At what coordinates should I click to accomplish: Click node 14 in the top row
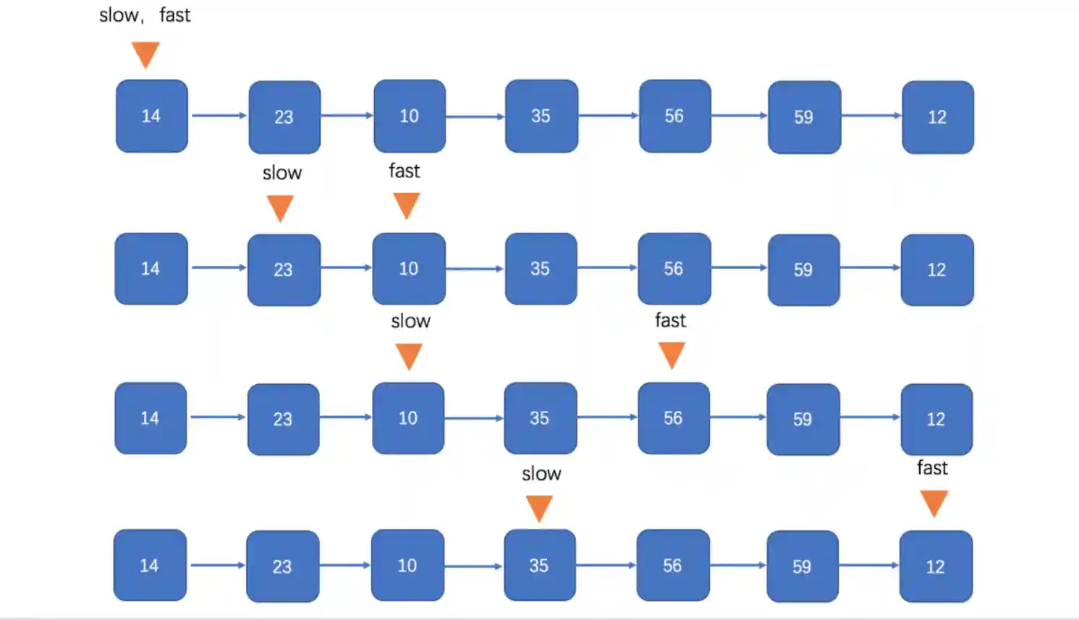click(151, 116)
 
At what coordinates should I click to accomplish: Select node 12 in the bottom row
click(935, 566)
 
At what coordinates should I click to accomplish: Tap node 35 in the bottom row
click(539, 565)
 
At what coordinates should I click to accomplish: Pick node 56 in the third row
click(673, 418)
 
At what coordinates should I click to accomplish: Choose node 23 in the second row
click(283, 269)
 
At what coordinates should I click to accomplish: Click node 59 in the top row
click(803, 116)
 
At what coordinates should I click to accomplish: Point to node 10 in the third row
click(408, 418)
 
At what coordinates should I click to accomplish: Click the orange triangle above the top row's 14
click(145, 54)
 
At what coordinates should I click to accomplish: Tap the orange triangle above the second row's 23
click(280, 208)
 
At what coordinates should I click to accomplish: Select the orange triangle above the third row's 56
click(672, 354)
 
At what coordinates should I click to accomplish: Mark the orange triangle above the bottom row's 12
click(934, 503)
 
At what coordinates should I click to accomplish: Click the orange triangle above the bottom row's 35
click(539, 507)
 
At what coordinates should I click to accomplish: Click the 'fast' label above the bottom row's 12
click(932, 468)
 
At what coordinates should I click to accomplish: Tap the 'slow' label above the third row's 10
click(410, 321)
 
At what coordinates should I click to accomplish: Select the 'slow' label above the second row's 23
click(282, 173)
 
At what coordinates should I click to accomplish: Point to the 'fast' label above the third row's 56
click(670, 320)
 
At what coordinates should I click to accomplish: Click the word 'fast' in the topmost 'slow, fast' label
click(175, 15)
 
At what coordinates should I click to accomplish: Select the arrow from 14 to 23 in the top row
click(219, 115)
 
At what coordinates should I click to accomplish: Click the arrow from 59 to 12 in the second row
click(871, 268)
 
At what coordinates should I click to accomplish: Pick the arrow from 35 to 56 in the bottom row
click(606, 565)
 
